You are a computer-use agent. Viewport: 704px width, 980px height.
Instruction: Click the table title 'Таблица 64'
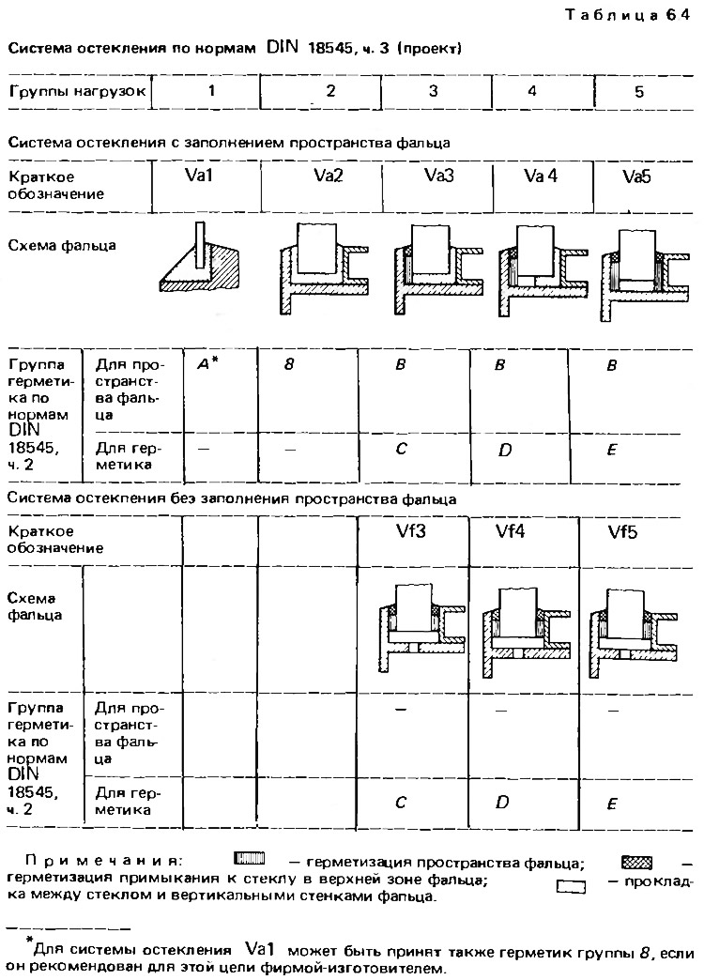(x=627, y=15)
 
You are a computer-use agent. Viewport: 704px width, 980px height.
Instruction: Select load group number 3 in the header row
(x=434, y=91)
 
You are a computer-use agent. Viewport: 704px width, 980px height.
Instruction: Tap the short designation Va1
(x=199, y=176)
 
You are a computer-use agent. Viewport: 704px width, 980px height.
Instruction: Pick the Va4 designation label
(x=540, y=176)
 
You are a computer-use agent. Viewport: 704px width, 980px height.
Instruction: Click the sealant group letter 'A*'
(x=207, y=364)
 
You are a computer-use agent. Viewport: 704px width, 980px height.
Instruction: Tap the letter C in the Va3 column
(x=402, y=449)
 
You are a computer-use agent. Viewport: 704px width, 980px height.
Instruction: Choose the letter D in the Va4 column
(x=505, y=450)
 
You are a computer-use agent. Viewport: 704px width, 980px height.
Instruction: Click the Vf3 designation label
(x=411, y=532)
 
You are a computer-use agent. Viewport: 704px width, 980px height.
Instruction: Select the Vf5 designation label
(x=623, y=533)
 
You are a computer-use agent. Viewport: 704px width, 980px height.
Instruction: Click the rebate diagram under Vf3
(x=423, y=629)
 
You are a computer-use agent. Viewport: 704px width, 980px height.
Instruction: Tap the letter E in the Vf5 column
(x=612, y=804)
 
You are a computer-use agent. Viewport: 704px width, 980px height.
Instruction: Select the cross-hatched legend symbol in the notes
(x=637, y=863)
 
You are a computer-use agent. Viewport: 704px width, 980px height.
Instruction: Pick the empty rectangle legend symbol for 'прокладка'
(x=571, y=886)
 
